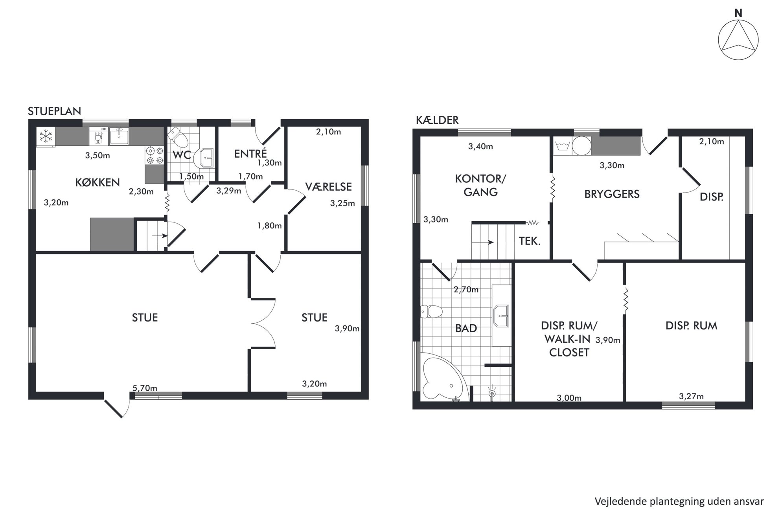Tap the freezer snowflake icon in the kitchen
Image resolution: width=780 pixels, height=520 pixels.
point(46,137)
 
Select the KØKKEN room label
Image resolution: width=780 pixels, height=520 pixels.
point(97,182)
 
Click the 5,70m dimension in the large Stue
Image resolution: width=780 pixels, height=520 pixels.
point(145,388)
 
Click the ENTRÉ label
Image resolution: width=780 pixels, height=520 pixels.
point(250,153)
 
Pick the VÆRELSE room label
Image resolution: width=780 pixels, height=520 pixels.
point(328,187)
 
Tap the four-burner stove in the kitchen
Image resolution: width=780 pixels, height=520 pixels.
point(155,155)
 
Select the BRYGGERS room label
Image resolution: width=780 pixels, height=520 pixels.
point(612,194)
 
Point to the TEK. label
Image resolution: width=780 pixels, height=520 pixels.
point(530,241)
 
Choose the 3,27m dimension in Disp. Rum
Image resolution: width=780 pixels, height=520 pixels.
point(691,396)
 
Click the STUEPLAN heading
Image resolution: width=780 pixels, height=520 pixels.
point(54,112)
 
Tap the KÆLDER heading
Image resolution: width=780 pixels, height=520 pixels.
point(437,120)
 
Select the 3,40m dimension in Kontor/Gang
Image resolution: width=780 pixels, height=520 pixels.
point(480,147)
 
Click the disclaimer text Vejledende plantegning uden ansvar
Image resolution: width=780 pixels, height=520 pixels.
point(679,502)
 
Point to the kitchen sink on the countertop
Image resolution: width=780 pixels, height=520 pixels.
point(119,136)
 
